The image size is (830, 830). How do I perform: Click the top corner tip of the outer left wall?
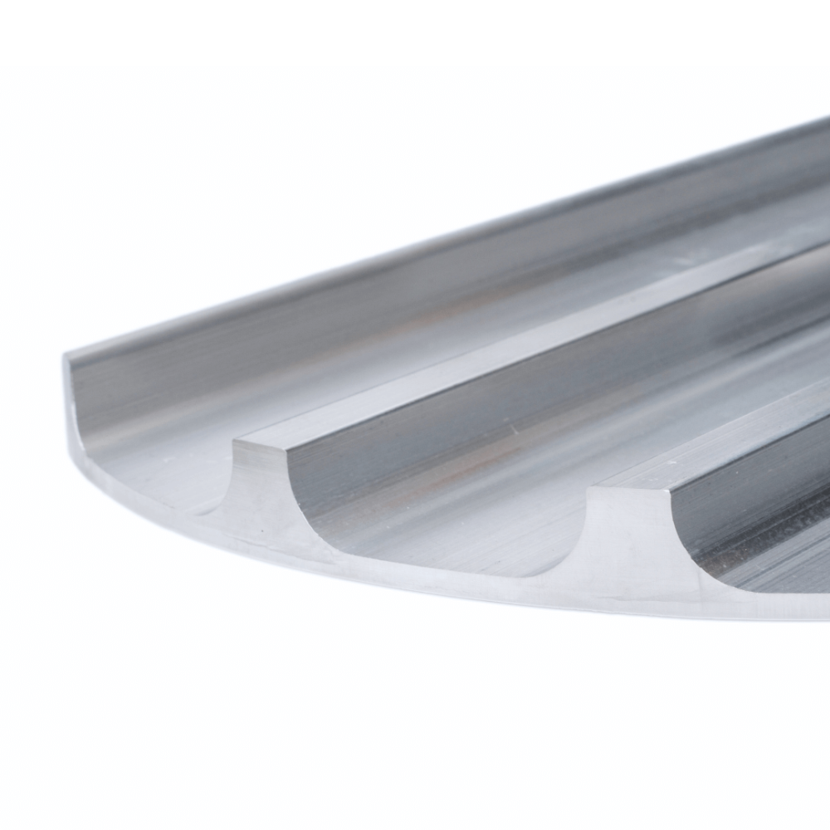[x=66, y=358]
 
